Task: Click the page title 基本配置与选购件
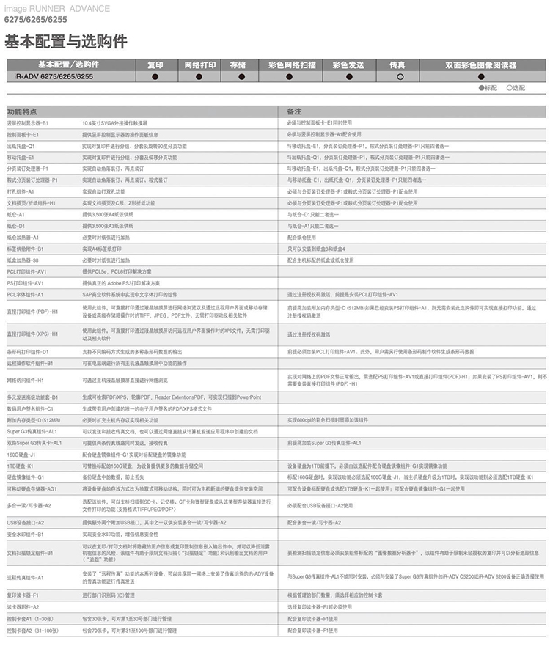point(66,41)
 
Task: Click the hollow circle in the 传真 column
point(400,76)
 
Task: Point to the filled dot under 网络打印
point(198,76)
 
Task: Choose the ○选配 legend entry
point(515,88)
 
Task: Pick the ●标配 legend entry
point(488,88)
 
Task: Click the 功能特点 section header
point(23,111)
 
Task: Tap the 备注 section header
point(294,111)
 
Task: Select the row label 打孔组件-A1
point(26,191)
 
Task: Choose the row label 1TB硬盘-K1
point(21,466)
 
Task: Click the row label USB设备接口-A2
point(26,522)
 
